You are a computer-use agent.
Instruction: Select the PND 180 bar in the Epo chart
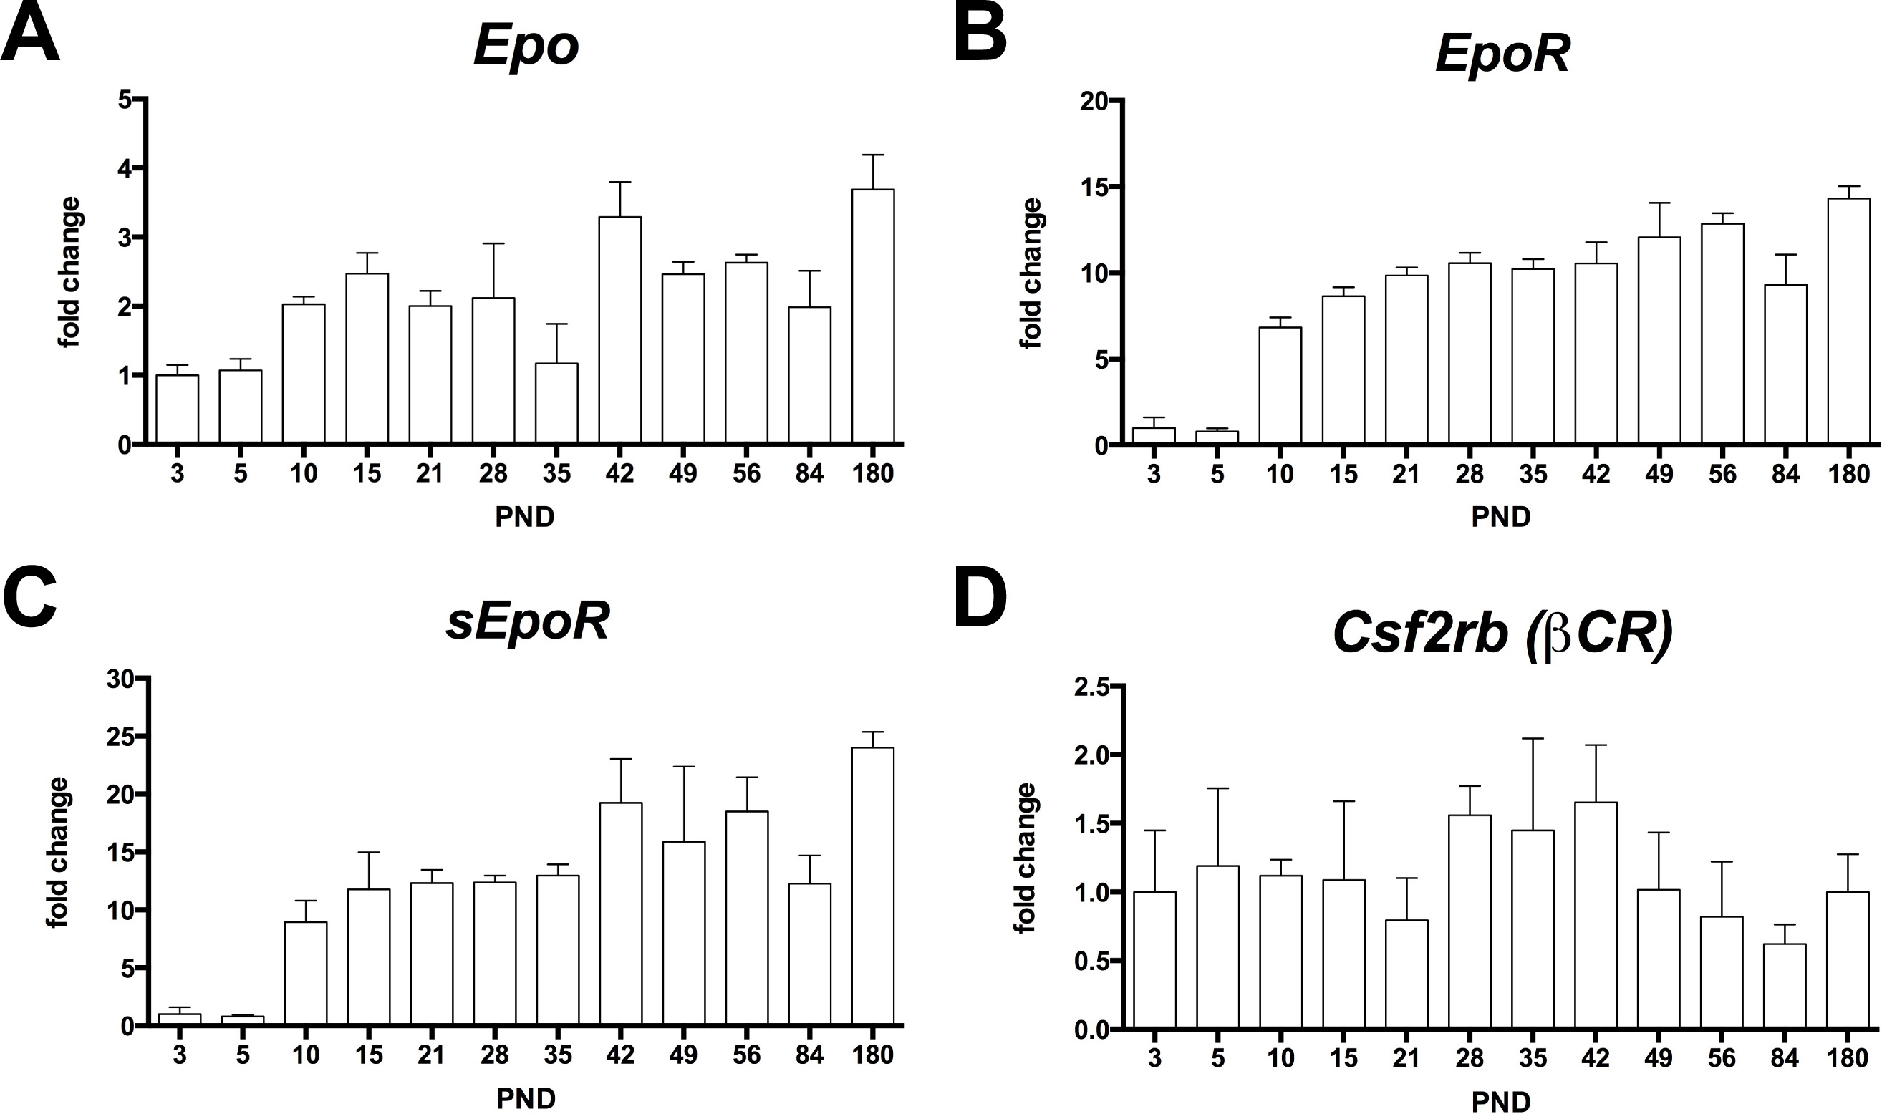pos(873,315)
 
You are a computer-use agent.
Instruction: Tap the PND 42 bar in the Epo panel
pos(620,330)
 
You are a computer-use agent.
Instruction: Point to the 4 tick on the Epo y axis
pos(123,168)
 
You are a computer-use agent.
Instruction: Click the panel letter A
pos(30,36)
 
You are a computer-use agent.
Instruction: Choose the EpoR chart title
pos(1502,54)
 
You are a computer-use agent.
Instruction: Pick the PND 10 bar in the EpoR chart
pos(1280,386)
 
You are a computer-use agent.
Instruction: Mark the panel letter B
pos(980,36)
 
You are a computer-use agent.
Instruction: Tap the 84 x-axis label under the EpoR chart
pos(1785,475)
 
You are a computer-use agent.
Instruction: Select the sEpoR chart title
pos(527,622)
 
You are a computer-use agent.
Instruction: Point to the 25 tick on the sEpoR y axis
pos(117,737)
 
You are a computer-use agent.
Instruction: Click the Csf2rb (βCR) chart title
pos(1502,634)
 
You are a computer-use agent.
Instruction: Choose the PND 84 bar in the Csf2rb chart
pos(1785,985)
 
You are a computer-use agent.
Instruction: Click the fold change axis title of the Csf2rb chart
pos(1026,857)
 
